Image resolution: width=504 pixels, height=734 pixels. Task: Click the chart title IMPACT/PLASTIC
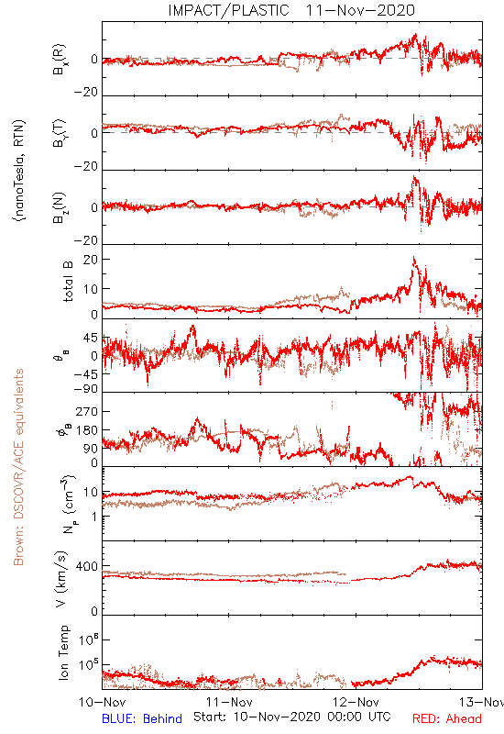228,10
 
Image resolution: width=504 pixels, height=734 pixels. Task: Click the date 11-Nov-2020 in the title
360,10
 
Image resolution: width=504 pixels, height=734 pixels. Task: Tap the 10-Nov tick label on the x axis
102,702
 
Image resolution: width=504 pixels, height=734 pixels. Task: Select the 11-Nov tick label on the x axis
229,702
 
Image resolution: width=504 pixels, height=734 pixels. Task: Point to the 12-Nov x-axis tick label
356,702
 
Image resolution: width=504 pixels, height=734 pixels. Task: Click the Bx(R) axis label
60,60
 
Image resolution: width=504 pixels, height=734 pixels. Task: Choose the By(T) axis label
60,133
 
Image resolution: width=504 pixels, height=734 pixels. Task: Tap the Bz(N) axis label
60,207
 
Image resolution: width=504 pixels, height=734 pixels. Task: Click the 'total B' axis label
67,282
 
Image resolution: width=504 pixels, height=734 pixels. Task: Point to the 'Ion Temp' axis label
63,652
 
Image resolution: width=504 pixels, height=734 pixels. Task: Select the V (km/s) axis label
61,579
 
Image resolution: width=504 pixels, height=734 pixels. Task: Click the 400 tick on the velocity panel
86,566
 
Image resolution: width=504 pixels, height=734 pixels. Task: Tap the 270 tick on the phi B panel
86,411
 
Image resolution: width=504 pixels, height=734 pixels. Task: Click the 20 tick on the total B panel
91,260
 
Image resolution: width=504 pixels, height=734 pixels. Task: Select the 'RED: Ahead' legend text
446,719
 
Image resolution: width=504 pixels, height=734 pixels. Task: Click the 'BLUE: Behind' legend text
142,719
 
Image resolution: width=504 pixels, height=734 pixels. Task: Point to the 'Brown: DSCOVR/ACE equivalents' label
18,467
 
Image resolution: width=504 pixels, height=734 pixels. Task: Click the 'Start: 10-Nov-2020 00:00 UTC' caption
292,717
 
